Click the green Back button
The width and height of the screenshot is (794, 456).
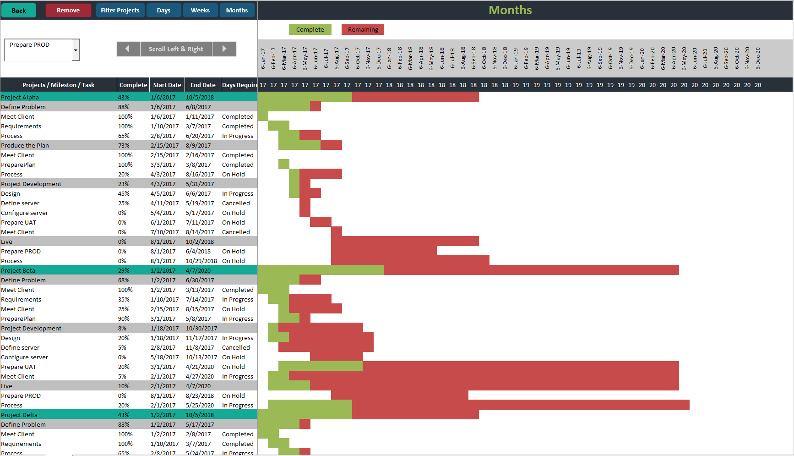pyautogui.click(x=19, y=10)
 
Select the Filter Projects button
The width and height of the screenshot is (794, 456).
pyautogui.click(x=120, y=10)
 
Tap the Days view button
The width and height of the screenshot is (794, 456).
pyautogui.click(x=163, y=10)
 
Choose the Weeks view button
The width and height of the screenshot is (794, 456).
pyautogui.click(x=200, y=10)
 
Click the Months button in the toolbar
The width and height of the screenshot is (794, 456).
pyautogui.click(x=237, y=10)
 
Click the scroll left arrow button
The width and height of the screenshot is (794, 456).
pyautogui.click(x=128, y=49)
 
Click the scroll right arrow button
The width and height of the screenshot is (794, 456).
pyautogui.click(x=224, y=49)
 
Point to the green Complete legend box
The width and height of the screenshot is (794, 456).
pyautogui.click(x=310, y=30)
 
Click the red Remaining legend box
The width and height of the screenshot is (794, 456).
pyautogui.click(x=363, y=30)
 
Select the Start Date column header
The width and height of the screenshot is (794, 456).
pyautogui.click(x=167, y=85)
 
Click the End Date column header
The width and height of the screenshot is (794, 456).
pyautogui.click(x=203, y=85)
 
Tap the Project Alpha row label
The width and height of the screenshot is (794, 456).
pyautogui.click(x=20, y=97)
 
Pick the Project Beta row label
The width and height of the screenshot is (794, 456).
pyautogui.click(x=18, y=270)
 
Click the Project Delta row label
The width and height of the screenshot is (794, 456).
pyautogui.click(x=19, y=415)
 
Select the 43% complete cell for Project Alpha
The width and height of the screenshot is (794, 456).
pyautogui.click(x=124, y=97)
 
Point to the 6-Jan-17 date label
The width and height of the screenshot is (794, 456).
pyautogui.click(x=263, y=59)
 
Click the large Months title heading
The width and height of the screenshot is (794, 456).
pyautogui.click(x=510, y=10)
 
